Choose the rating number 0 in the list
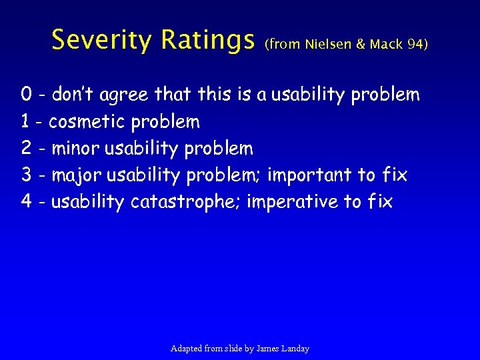(x=27, y=95)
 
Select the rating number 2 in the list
(x=27, y=148)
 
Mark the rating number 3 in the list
(x=27, y=175)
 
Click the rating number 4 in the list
(x=27, y=201)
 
